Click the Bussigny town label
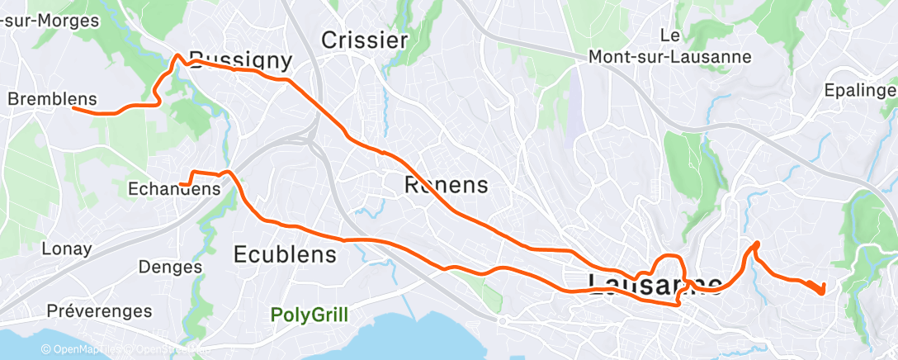coord(240,59)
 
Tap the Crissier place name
coord(364,40)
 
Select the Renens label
coord(447,185)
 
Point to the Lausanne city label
coord(656,283)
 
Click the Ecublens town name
coord(286,253)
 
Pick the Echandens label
coord(174,189)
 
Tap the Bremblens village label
coord(52,98)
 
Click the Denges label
coord(170,267)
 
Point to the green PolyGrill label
coord(310,315)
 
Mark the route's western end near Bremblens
coord(73,107)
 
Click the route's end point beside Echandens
coord(180,183)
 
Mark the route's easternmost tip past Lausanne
coord(822,291)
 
